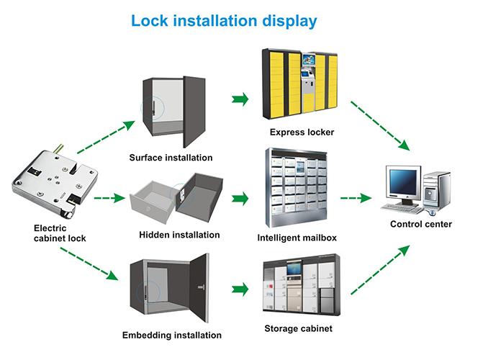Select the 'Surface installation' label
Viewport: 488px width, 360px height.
(x=171, y=157)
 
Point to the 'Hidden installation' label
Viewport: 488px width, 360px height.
(x=179, y=235)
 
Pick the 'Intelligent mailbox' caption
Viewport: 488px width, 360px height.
(x=297, y=237)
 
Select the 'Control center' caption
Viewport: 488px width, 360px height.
(x=421, y=224)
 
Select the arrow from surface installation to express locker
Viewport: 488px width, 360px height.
(x=240, y=98)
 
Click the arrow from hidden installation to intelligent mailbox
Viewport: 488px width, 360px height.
(x=240, y=197)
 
